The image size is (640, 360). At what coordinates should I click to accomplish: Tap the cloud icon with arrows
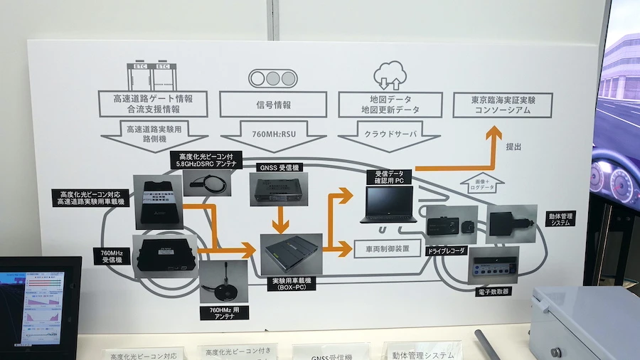pyautogui.click(x=388, y=75)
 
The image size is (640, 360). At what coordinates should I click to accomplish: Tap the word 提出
pyautogui.click(x=513, y=147)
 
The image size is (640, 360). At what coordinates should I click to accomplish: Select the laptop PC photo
pyautogui.click(x=386, y=205)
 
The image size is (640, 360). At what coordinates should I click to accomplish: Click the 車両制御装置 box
pyautogui.click(x=383, y=248)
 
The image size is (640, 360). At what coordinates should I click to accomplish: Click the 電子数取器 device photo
pyautogui.click(x=493, y=264)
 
